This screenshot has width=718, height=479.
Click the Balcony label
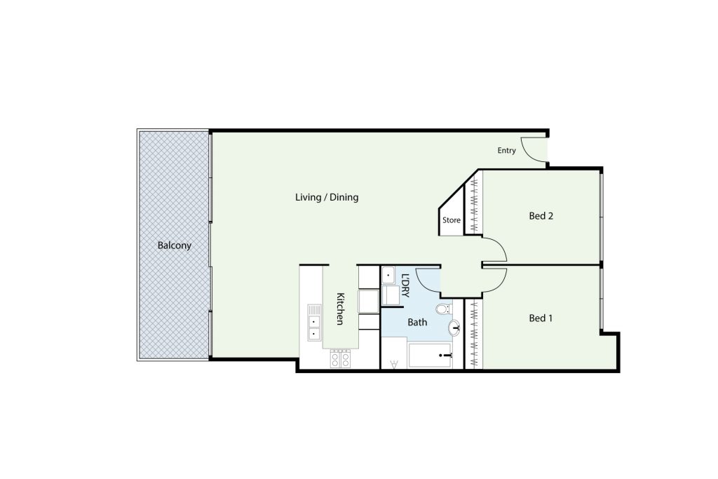click(174, 245)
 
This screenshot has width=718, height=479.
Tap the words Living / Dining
click(327, 197)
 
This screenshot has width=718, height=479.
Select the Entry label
click(506, 150)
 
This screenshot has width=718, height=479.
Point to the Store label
click(451, 220)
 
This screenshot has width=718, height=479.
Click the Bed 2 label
click(541, 216)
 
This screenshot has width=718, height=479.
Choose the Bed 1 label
click(541, 318)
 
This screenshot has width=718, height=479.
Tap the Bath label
click(417, 323)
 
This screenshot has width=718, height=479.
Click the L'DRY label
click(405, 285)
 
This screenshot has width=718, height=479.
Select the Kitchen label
click(340, 309)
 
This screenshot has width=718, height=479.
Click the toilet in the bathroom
click(444, 309)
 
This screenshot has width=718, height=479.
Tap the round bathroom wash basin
click(454, 328)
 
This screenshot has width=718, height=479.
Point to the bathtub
click(430, 356)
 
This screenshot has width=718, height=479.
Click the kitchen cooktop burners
click(340, 358)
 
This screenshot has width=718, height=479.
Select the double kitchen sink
click(314, 323)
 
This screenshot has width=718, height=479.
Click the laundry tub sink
click(388, 276)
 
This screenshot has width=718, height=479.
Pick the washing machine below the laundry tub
click(390, 295)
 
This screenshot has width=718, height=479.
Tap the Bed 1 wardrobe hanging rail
click(474, 334)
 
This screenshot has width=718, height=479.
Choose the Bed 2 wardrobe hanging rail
click(474, 205)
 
